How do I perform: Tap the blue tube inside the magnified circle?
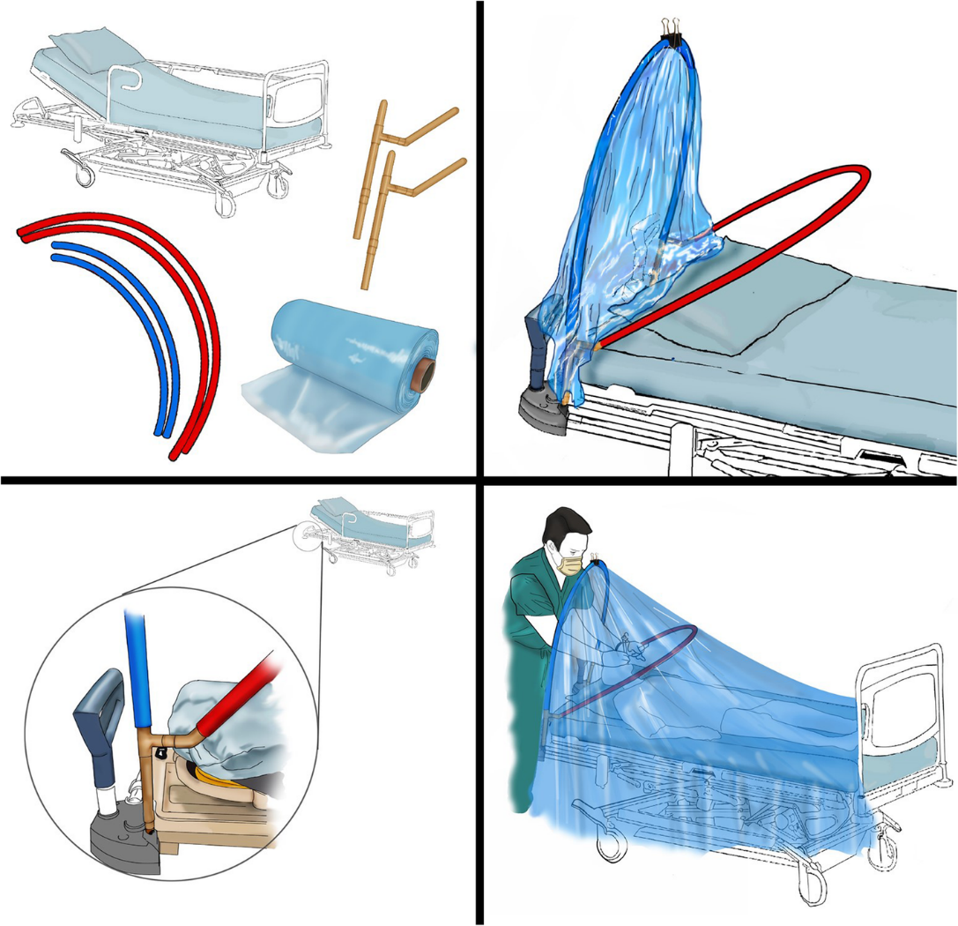pos(138,661)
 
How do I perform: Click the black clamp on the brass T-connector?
pos(162,752)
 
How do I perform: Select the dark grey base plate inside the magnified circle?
pos(123,842)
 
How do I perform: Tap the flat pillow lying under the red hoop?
pos(758,300)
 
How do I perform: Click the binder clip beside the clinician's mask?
pos(598,557)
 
